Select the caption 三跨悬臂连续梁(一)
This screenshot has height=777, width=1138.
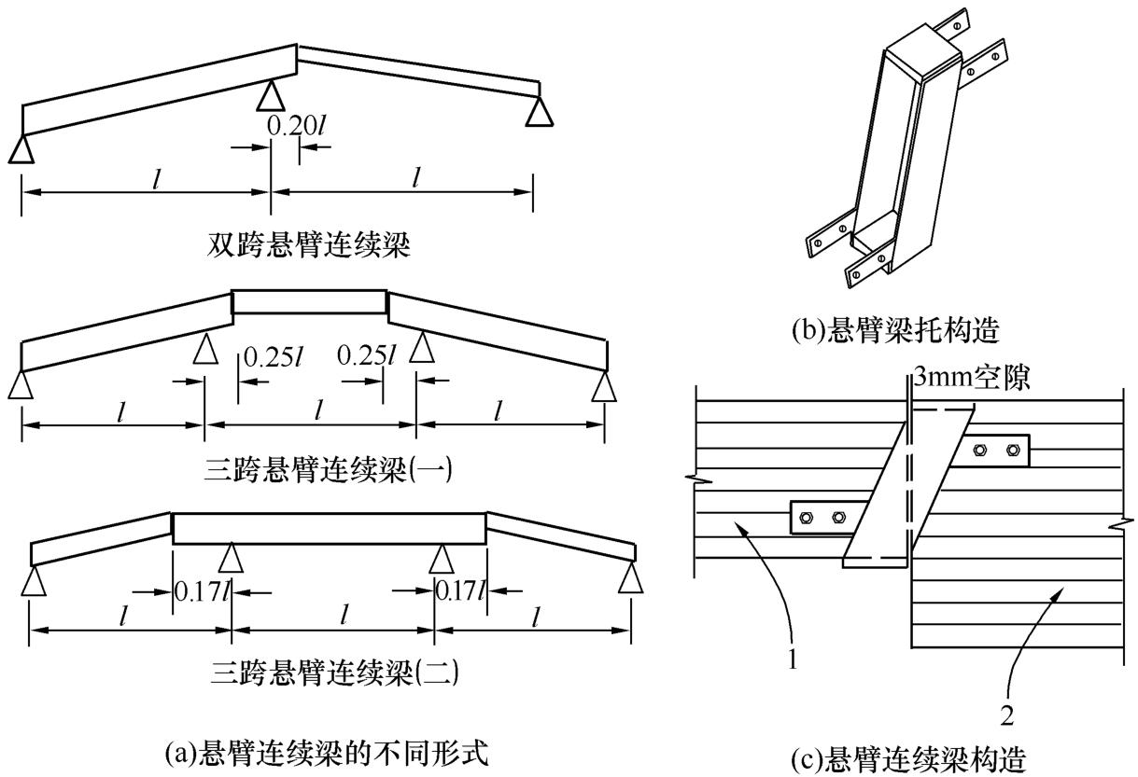click(x=328, y=468)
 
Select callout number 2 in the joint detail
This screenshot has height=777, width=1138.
click(x=1007, y=715)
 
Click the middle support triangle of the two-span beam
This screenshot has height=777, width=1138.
click(x=271, y=95)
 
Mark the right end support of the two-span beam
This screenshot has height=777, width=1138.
click(x=539, y=112)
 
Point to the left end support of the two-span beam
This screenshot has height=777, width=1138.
click(x=21, y=149)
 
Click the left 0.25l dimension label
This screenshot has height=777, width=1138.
click(x=268, y=357)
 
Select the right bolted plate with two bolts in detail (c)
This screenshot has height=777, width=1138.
click(x=994, y=451)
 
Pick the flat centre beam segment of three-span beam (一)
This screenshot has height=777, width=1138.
click(x=309, y=301)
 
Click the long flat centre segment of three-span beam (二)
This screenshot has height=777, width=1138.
click(x=330, y=528)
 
